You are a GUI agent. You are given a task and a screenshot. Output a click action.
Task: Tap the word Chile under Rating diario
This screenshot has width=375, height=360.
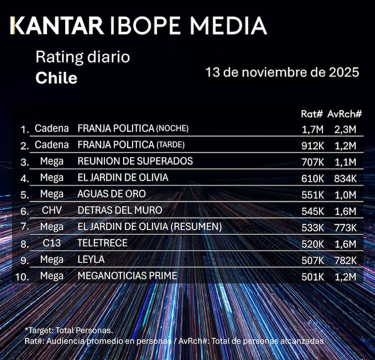[x=56, y=78]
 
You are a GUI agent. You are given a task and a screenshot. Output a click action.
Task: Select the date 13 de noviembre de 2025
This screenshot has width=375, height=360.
[x=282, y=72]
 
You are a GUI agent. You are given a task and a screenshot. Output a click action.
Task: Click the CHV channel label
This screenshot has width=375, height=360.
[x=52, y=210]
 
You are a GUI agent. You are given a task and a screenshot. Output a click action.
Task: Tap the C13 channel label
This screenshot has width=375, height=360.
[x=52, y=243]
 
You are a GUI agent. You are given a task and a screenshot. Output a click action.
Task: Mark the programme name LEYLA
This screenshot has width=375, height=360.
[x=91, y=260]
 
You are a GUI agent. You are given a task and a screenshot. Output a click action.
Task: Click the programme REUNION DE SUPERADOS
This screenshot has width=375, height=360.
[x=135, y=161]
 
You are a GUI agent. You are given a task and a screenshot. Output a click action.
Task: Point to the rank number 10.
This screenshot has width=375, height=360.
[x=22, y=276]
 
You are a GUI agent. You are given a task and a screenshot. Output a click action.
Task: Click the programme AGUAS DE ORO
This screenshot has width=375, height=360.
[x=112, y=194]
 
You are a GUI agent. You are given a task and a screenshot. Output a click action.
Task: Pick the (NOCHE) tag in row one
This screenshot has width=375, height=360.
[x=172, y=128]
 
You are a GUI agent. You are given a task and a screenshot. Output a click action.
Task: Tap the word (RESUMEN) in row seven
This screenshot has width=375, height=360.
[x=196, y=227]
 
